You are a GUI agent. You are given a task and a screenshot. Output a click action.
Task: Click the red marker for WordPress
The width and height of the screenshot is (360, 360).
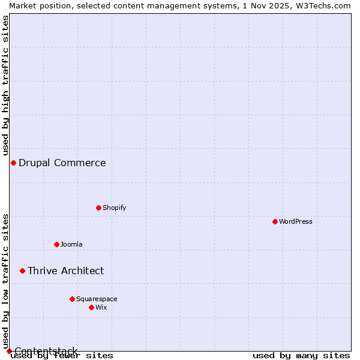coord(275,221)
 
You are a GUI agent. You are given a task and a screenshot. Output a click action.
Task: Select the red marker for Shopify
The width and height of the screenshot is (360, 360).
coord(98,208)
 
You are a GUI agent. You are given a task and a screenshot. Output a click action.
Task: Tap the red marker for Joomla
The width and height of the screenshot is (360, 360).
coord(56,244)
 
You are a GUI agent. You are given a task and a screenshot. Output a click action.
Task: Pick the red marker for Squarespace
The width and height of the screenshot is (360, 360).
coord(72,299)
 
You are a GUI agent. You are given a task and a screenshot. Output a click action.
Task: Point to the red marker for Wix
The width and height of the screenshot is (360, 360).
coord(91,307)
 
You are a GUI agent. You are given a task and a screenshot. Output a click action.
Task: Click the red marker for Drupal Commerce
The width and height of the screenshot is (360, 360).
coord(13,163)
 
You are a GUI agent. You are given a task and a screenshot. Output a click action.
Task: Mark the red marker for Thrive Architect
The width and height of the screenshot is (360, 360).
coord(22,271)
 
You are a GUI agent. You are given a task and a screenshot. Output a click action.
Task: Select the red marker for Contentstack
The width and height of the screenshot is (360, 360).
coord(9,351)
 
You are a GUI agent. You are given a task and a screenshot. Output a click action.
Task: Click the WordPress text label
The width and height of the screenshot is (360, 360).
coord(296,221)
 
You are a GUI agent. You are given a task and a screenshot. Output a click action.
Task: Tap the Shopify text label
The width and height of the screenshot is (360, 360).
coord(114,208)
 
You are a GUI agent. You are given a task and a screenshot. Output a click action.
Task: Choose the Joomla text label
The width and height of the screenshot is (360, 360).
coord(71,244)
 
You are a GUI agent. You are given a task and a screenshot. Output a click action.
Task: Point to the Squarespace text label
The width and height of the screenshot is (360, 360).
coord(97,299)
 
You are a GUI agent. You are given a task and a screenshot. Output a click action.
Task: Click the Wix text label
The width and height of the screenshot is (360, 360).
coord(101,307)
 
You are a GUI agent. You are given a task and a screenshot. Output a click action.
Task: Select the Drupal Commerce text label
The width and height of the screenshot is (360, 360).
coord(62,163)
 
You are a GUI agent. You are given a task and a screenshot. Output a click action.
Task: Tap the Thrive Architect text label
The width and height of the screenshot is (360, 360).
coord(66,271)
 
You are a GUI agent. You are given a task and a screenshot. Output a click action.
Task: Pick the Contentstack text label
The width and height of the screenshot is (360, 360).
coord(46,351)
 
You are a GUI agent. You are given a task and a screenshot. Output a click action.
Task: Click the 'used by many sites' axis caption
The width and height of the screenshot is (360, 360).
coord(301,355)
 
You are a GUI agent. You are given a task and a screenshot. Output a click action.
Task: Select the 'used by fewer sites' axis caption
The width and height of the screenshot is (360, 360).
coord(62,355)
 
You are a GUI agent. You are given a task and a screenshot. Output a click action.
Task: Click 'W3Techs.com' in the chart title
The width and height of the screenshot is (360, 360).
coord(323,5)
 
